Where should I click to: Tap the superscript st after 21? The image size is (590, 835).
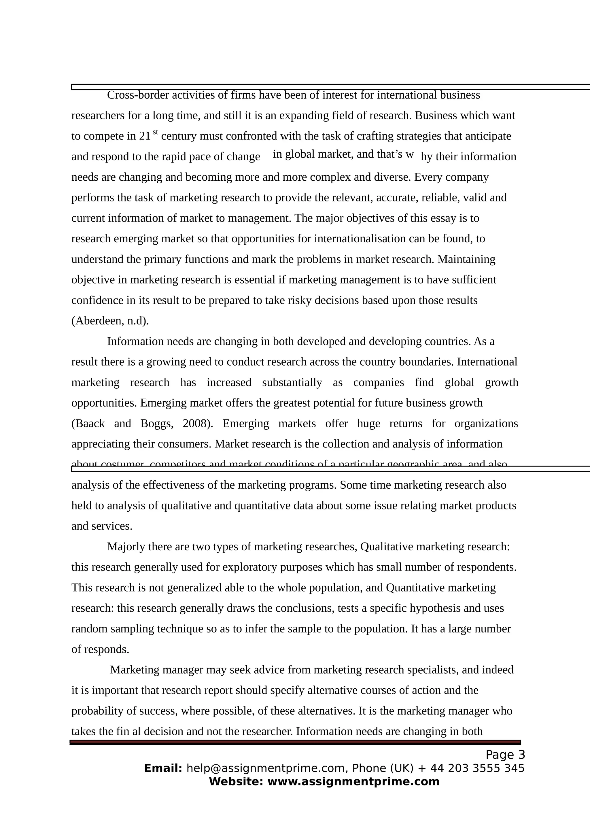[x=155, y=132]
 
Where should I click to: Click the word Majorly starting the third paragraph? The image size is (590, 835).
[x=126, y=547]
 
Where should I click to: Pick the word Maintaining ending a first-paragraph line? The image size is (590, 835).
[x=466, y=259]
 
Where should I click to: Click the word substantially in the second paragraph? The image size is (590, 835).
[x=292, y=383]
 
